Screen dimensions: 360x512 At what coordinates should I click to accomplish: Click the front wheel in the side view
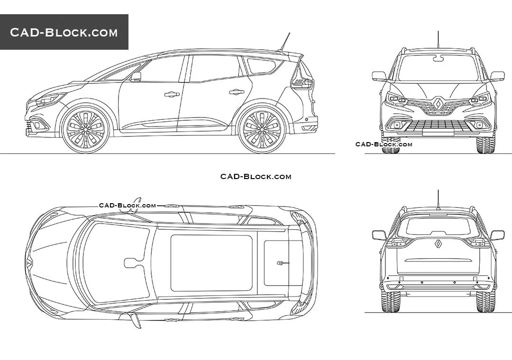[x=85, y=128]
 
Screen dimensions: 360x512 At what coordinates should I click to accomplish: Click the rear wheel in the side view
[x=262, y=128]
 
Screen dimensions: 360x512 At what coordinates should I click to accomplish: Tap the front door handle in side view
[x=172, y=94]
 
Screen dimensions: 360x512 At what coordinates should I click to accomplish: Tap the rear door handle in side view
[x=236, y=92]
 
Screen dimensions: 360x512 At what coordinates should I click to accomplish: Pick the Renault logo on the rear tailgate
[x=439, y=244]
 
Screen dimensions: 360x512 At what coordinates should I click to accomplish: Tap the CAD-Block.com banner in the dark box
[x=64, y=32]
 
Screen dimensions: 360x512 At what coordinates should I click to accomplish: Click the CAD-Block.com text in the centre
[x=256, y=177]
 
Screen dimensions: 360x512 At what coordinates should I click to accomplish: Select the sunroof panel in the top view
[x=211, y=262]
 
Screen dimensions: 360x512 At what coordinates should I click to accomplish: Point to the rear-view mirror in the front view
[x=439, y=59]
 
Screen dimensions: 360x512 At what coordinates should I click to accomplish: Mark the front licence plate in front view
[x=439, y=133]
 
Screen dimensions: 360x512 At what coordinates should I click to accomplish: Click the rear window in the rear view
[x=439, y=226]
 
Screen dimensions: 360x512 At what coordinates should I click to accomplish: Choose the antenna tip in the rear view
[x=439, y=191]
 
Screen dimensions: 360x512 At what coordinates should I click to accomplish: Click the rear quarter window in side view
[x=262, y=65]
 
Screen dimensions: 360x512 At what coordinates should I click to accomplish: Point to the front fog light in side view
[x=33, y=126]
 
